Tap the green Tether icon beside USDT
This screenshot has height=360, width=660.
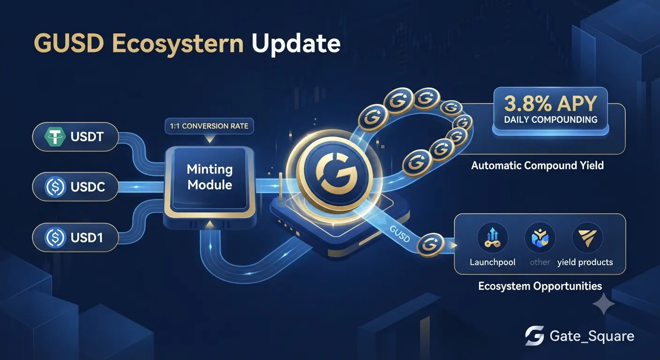tap(55, 136)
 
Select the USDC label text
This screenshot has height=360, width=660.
tap(88, 187)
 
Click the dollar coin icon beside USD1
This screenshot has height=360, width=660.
tap(55, 238)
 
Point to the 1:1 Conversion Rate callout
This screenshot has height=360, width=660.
tap(209, 126)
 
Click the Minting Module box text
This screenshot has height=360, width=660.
tap(210, 177)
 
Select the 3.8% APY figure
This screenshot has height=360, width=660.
tap(550, 104)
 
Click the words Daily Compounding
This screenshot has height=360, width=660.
tap(551, 120)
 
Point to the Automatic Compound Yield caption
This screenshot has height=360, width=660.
tap(538, 165)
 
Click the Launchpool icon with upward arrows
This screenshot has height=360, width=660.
tap(492, 238)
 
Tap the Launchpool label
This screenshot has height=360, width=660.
tap(492, 262)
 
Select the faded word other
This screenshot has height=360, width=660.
tap(540, 262)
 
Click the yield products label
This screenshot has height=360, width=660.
tap(585, 262)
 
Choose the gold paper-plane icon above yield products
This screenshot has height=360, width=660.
tap(587, 238)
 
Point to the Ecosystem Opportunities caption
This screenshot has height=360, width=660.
tap(540, 286)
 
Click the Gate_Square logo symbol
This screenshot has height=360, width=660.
tap(534, 336)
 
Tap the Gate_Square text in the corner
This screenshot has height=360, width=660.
tap(592, 336)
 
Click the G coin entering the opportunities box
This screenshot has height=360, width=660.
tap(431, 245)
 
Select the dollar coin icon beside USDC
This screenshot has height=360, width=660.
tap(55, 187)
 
